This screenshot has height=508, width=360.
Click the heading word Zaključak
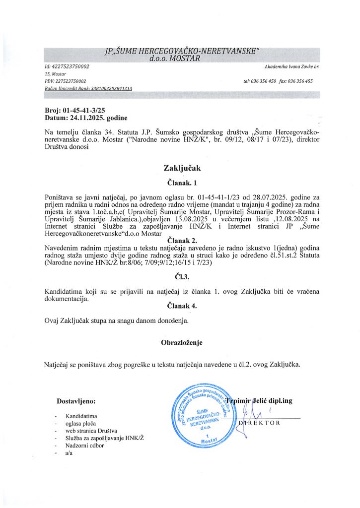[x=180, y=168]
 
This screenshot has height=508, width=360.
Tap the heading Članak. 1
[x=180, y=182]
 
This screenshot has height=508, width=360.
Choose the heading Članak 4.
[x=180, y=306]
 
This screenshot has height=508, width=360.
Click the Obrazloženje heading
[x=181, y=342]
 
